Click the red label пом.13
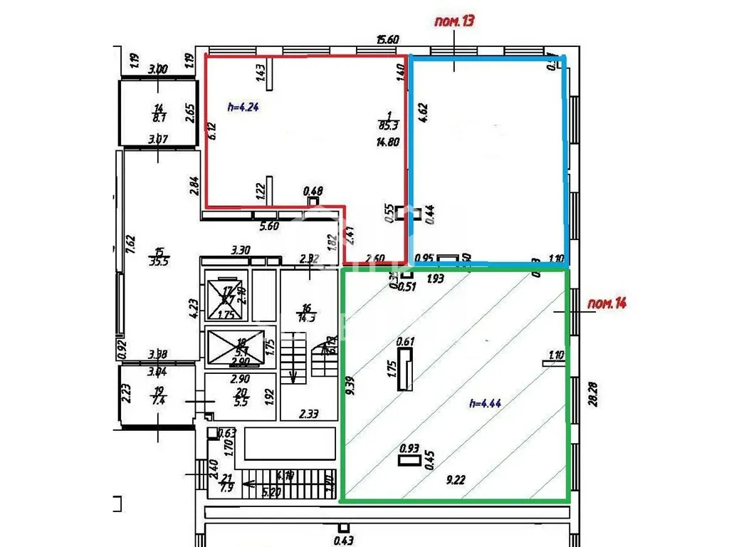click(x=453, y=21)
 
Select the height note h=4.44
click(x=486, y=403)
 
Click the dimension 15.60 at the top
click(x=388, y=41)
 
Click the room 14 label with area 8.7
click(x=158, y=113)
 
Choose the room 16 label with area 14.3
click(x=308, y=313)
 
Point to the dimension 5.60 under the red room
click(x=268, y=226)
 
